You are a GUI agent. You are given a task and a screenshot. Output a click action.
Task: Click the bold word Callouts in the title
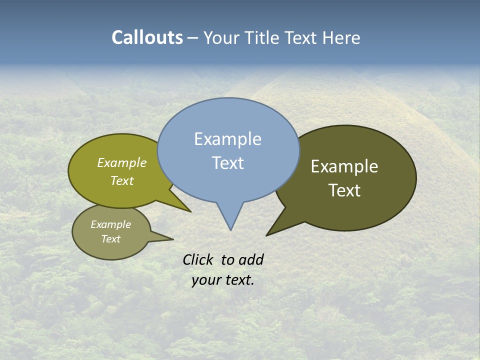coord(147,37)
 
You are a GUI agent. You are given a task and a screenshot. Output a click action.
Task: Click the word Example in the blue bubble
coord(227,139)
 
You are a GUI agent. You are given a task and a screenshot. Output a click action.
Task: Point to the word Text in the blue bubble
coord(228,163)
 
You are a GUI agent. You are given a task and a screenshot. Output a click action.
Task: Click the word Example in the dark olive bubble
coord(344,166)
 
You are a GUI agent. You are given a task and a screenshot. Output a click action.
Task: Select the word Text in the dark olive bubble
coord(345,190)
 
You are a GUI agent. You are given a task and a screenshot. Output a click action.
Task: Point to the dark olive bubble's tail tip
coord(268,234)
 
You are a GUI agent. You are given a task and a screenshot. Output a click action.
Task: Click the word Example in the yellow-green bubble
coord(122,163)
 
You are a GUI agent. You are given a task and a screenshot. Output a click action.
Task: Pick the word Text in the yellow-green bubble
coord(122,180)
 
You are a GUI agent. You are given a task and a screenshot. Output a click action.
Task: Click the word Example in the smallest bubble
coord(111,224)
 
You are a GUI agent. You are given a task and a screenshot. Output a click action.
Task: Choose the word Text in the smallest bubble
coord(111,239)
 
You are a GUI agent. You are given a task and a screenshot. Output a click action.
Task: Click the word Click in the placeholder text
coord(198,259)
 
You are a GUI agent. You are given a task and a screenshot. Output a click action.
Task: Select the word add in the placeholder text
coord(250,259)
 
